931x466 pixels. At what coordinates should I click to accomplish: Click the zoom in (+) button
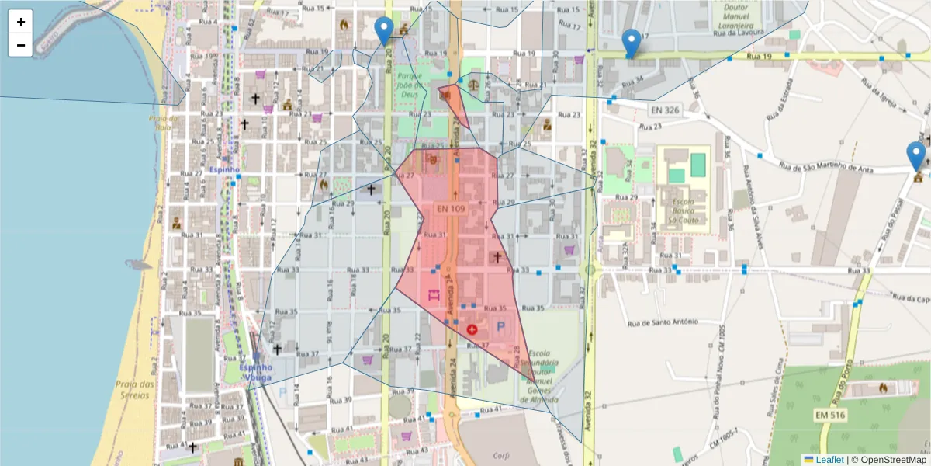[21, 22]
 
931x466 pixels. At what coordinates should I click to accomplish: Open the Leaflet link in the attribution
[829, 459]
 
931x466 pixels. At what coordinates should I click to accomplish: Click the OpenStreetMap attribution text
[889, 459]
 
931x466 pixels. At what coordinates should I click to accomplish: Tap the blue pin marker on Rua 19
[632, 43]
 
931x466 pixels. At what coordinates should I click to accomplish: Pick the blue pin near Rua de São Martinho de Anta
[916, 155]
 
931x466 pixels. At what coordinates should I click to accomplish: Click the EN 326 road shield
[661, 110]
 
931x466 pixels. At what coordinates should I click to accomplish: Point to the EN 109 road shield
[451, 209]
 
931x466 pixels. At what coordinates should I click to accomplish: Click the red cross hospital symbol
[472, 329]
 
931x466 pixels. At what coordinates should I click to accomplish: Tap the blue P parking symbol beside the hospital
[500, 329]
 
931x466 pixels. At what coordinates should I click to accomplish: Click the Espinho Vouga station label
[255, 373]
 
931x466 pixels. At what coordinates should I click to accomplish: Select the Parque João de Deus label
[409, 85]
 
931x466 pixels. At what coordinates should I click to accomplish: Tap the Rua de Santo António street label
[663, 322]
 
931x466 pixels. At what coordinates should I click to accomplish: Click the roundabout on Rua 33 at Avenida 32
[590, 270]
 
